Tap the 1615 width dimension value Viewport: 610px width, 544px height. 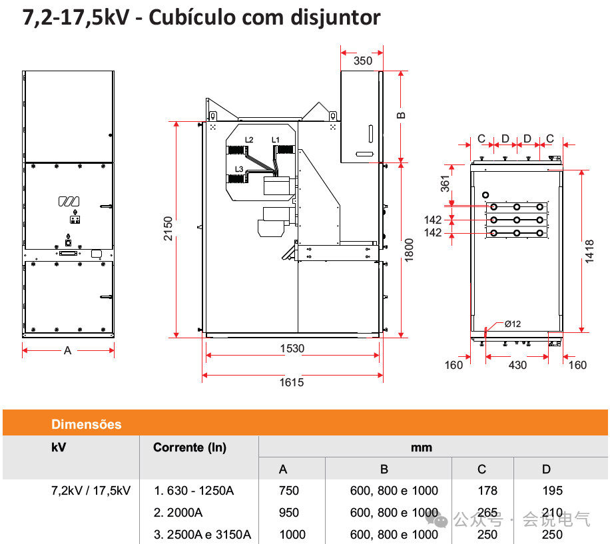point(292,382)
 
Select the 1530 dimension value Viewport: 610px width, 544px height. point(292,348)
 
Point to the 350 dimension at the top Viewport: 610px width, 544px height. point(362,61)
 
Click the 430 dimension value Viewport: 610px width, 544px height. point(517,365)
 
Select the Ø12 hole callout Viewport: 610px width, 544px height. point(512,324)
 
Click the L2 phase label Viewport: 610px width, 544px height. point(249,139)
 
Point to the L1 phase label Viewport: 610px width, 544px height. point(275,139)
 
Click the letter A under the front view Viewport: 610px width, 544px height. point(67,351)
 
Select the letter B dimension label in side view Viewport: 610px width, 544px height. point(402,115)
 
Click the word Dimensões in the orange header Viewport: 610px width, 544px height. point(87,424)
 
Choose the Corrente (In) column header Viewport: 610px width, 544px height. point(190,447)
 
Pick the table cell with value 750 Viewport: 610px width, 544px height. point(289,491)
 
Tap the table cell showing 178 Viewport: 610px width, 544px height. point(487,491)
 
